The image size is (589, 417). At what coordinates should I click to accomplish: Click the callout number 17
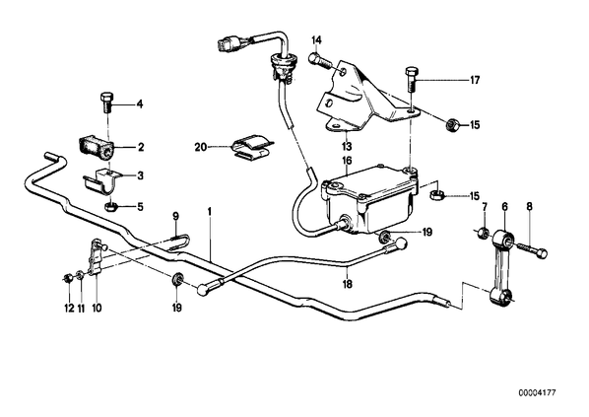[x=475, y=80]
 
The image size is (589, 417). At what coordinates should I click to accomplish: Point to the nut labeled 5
[x=111, y=206]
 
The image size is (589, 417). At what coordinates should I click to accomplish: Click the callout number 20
[x=201, y=147]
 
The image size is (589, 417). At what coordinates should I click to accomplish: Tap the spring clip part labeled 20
[x=252, y=146]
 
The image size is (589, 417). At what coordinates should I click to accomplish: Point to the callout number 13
[x=347, y=146]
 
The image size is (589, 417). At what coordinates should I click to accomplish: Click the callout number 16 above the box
[x=347, y=161]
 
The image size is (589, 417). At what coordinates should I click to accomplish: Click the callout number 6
[x=505, y=206]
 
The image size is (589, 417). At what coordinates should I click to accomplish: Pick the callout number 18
[x=348, y=284]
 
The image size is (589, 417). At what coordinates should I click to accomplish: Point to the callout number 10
[x=97, y=308]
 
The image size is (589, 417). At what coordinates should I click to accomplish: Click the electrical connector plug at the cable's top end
[x=229, y=41]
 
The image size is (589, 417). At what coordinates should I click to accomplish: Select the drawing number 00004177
[x=537, y=393]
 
